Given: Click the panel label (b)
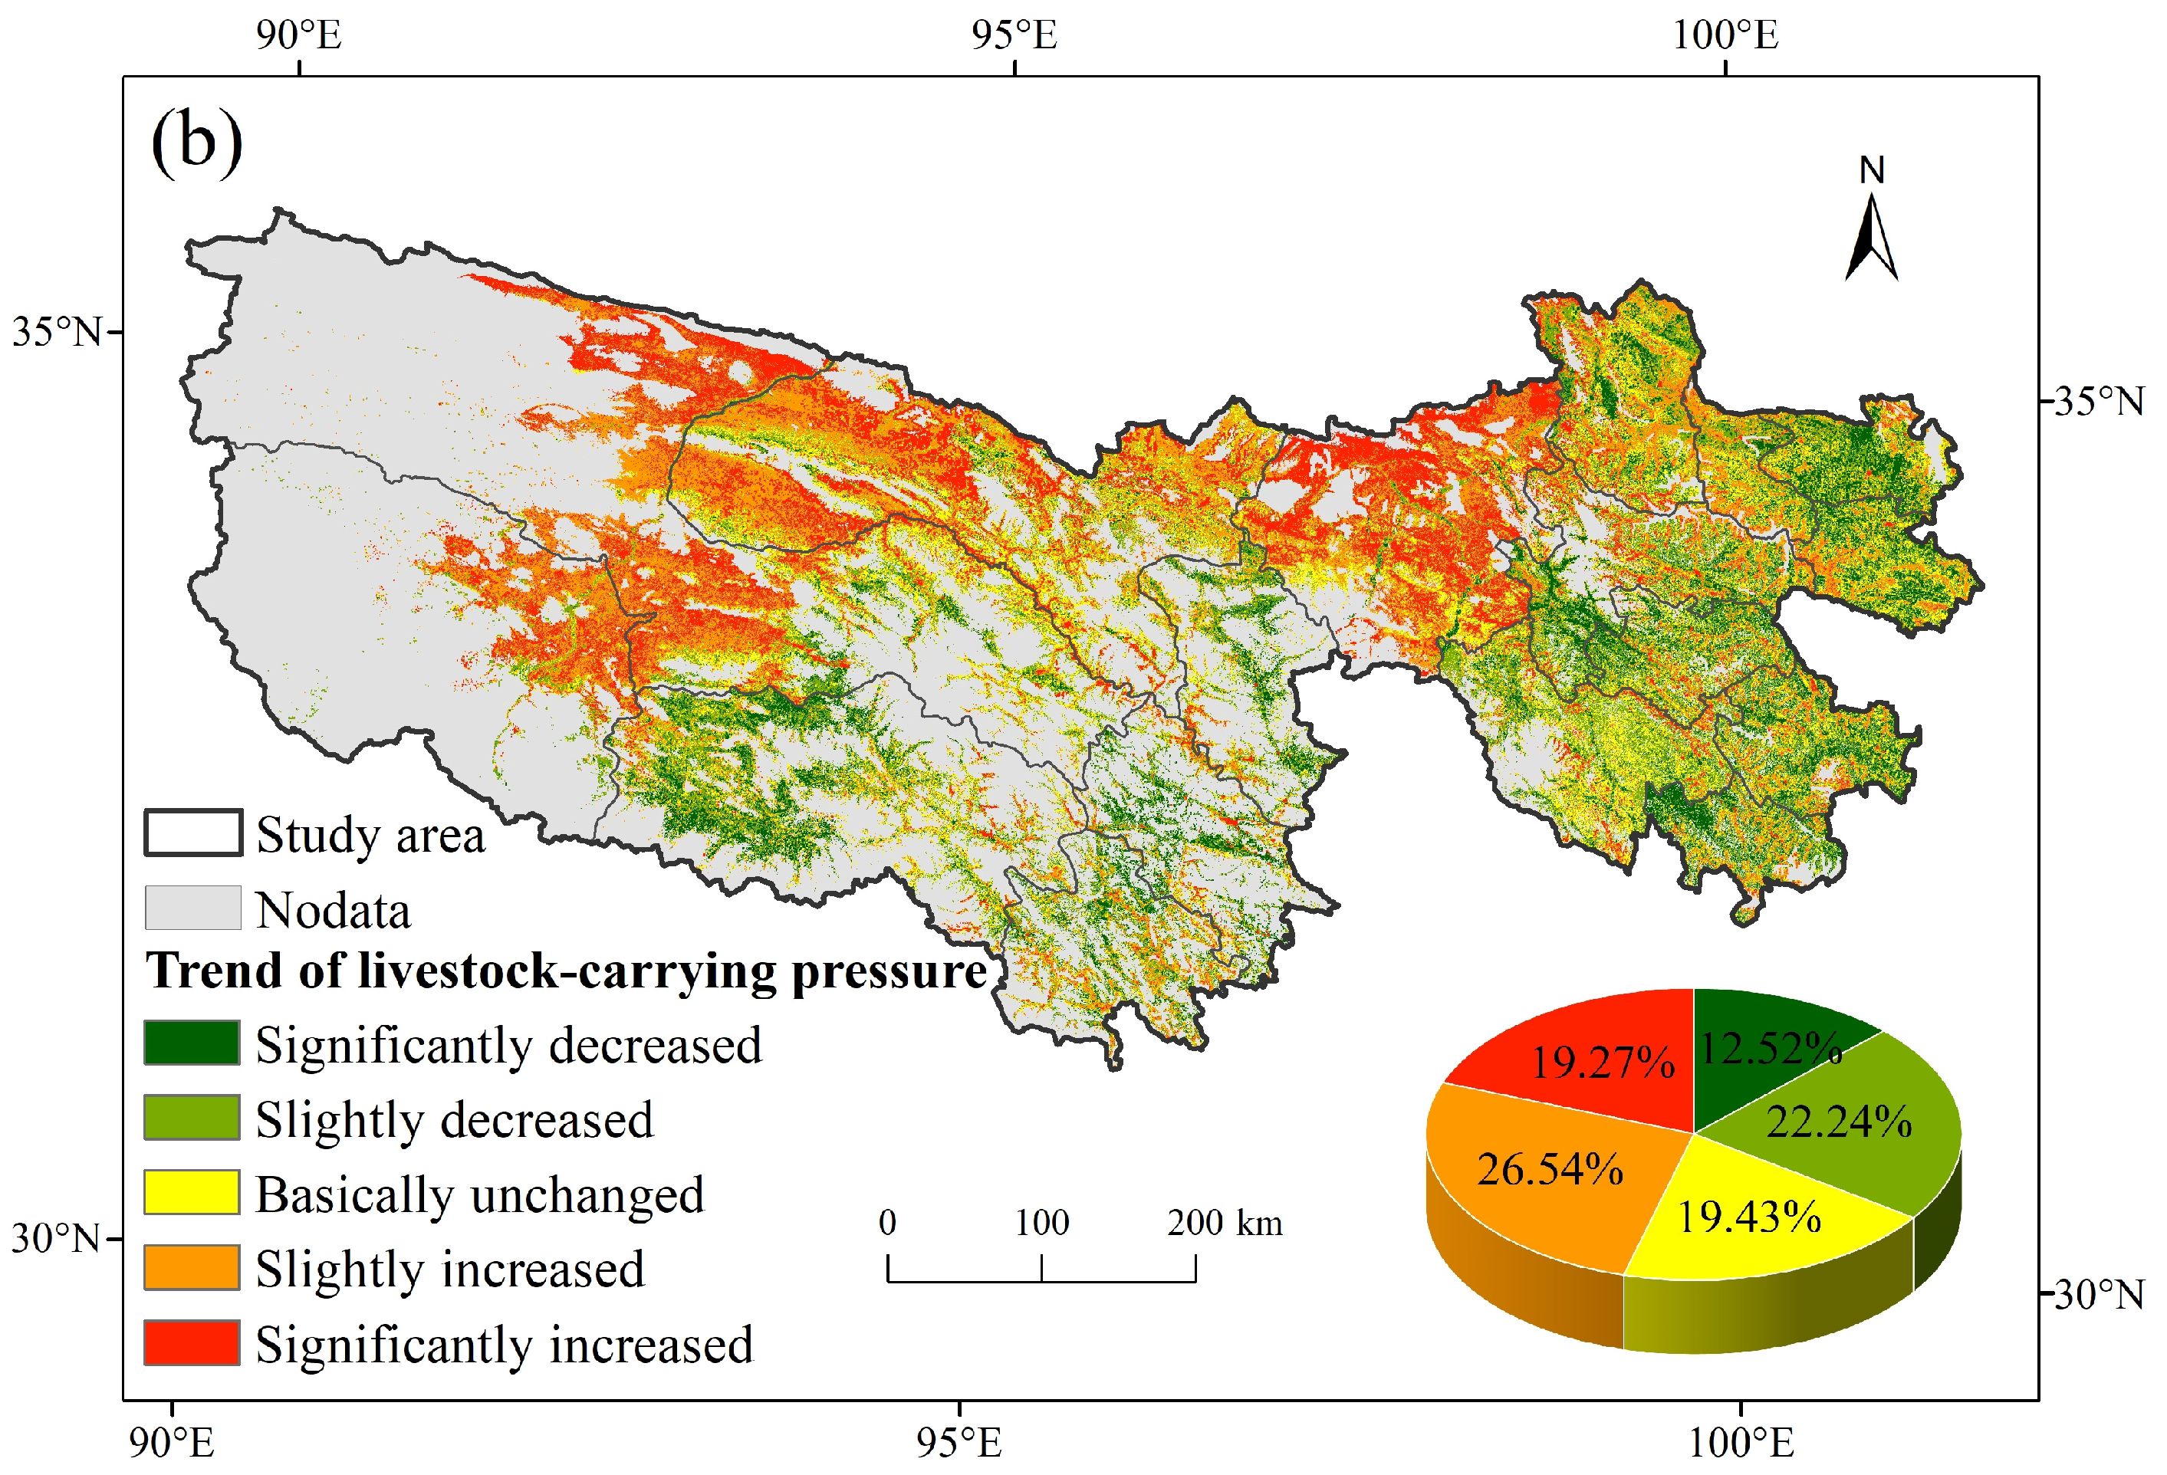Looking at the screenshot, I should pos(197,142).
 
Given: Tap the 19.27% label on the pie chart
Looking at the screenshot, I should pos(1602,1062).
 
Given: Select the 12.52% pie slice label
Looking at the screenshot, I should pos(1770,1049).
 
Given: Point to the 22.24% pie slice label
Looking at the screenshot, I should pos(1838,1122).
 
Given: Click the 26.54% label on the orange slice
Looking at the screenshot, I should pos(1550,1169).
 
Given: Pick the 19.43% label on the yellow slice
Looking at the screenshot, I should pos(1748,1217).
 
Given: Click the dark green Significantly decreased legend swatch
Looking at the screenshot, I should pos(191,1043).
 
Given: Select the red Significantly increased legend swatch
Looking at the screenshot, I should pos(191,1342).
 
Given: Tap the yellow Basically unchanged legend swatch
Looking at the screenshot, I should pos(191,1192).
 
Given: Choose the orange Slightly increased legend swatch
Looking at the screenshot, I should pos(191,1267).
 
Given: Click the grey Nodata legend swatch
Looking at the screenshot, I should pos(192,907).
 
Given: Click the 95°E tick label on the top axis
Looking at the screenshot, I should pos(1014,35).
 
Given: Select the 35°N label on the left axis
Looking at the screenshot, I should pos(56,332).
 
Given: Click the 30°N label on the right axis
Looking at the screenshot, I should pos(2098,1294).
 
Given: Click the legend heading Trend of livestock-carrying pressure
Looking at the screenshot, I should pos(566,971).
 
